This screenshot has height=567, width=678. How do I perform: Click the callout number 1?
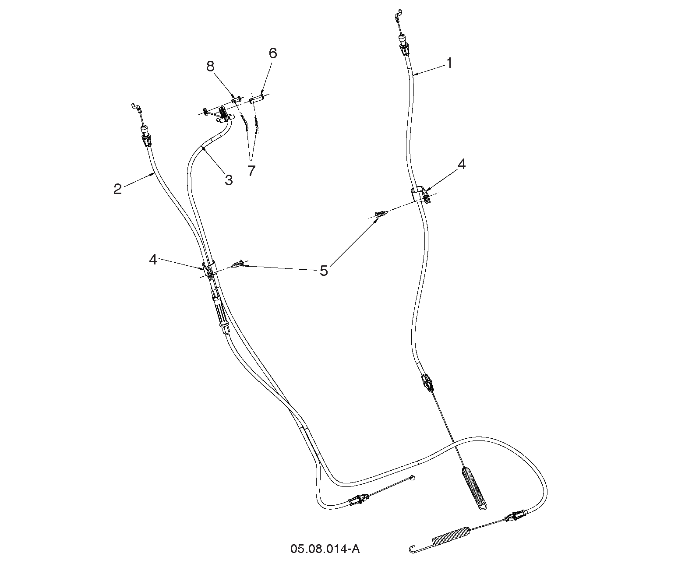tap(449, 63)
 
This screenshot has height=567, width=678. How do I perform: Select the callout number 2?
tap(117, 189)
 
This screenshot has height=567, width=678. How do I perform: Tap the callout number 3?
tap(229, 180)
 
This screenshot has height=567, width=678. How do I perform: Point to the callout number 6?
tap(273, 53)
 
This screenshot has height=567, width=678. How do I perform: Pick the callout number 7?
tap(251, 171)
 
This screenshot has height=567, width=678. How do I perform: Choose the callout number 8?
tap(210, 67)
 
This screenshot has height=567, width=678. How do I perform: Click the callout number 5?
tap(324, 271)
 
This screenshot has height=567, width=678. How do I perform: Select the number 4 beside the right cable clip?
tap(462, 164)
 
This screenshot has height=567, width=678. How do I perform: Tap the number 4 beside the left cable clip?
tap(152, 260)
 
